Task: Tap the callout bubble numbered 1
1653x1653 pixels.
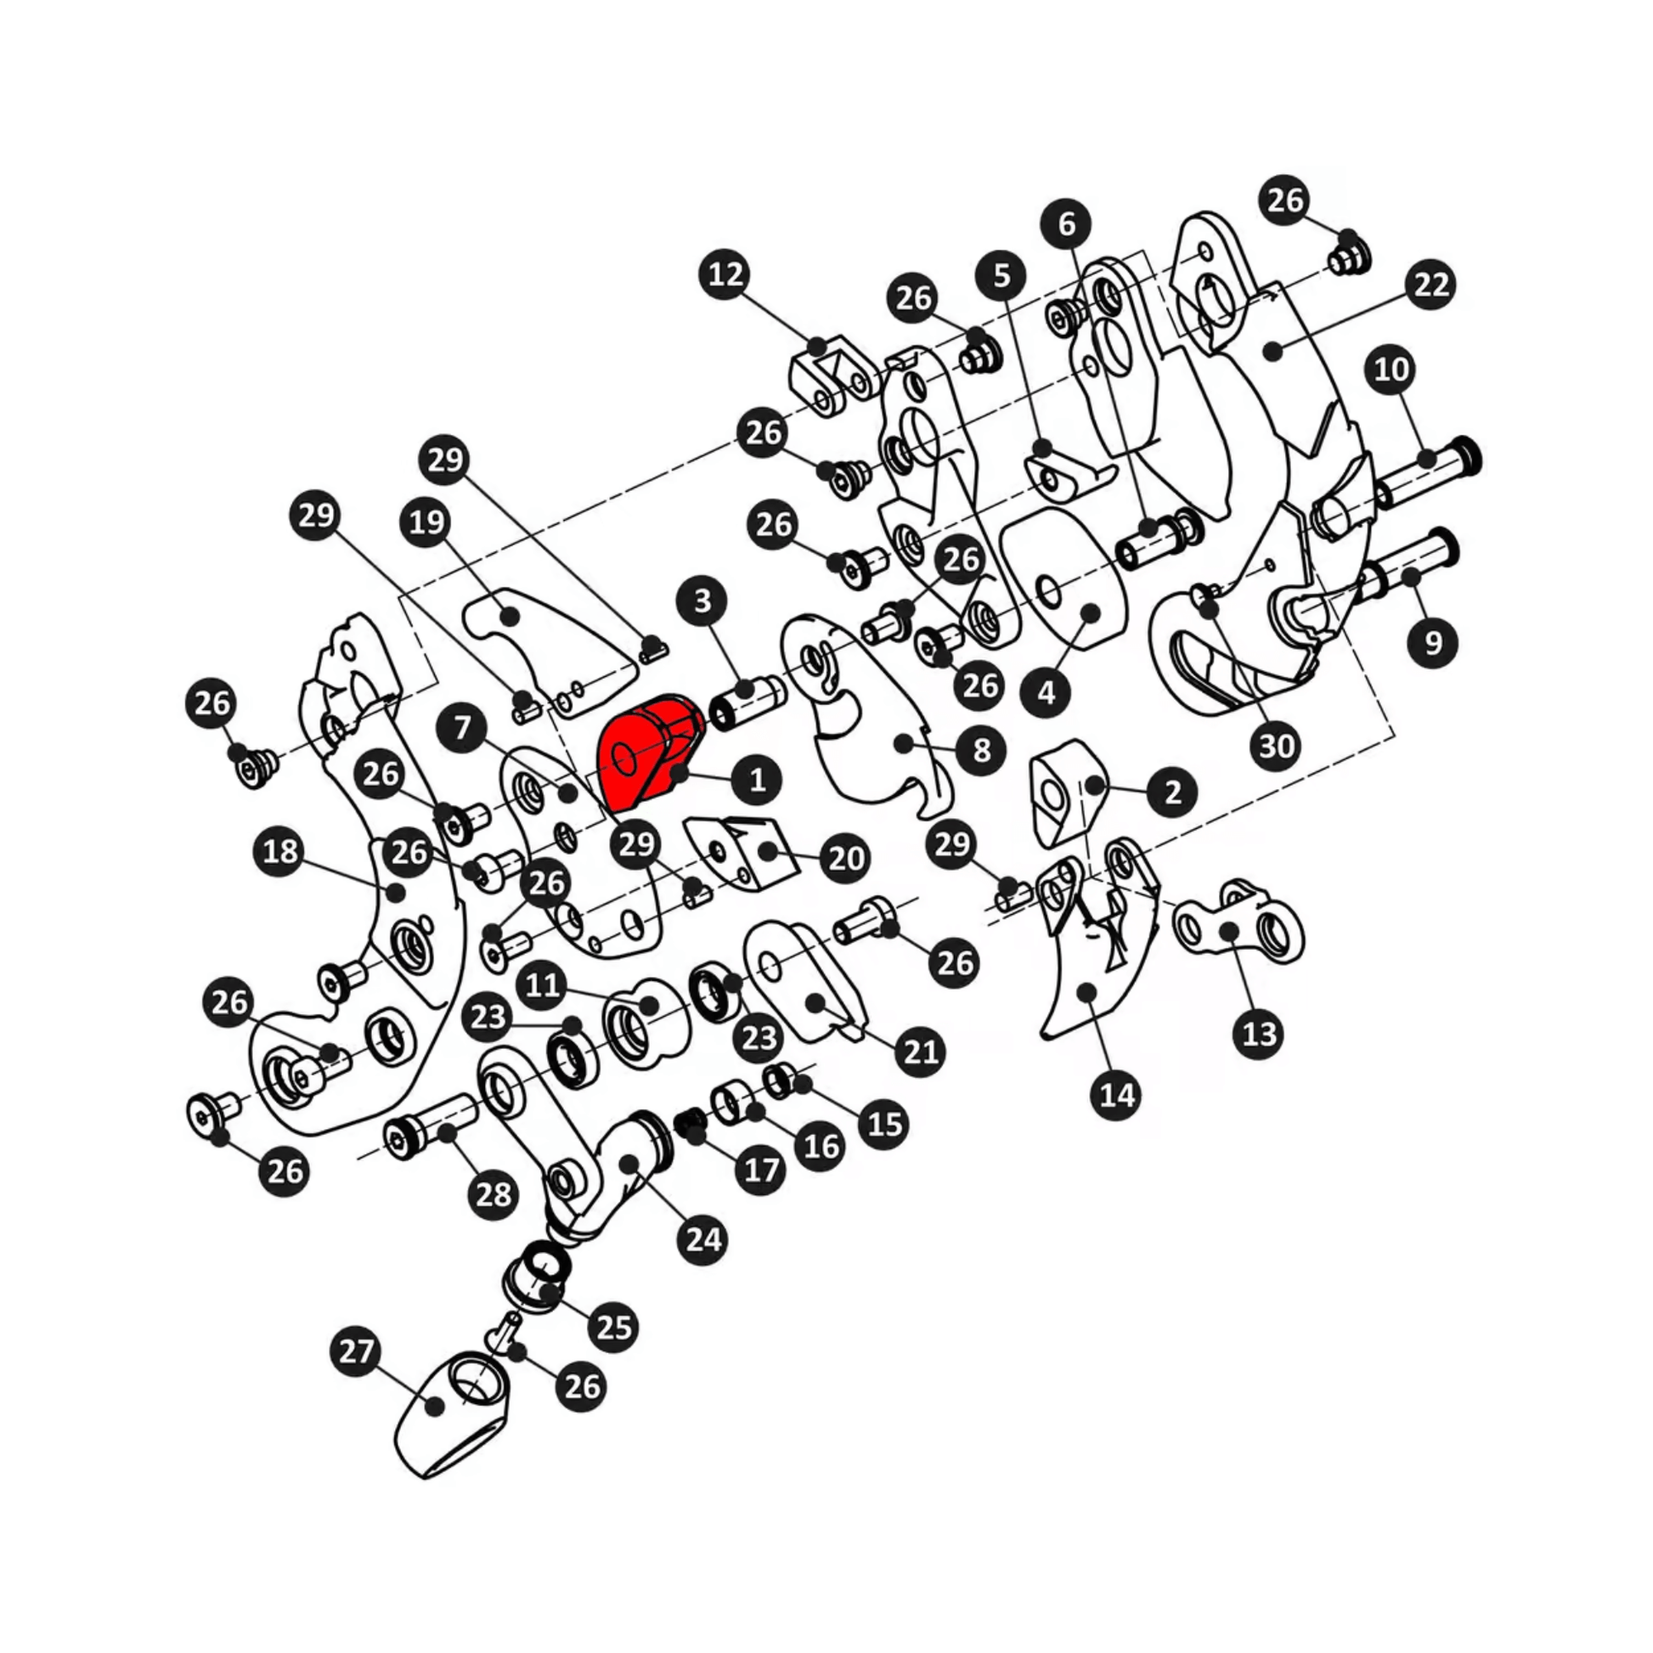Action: pyautogui.click(x=757, y=780)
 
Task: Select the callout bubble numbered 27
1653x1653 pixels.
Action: pyautogui.click(x=356, y=1351)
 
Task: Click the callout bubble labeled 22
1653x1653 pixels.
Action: pyautogui.click(x=1431, y=284)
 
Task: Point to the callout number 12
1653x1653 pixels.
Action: pyautogui.click(x=725, y=274)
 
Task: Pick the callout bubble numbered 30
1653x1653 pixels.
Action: pyautogui.click(x=1276, y=746)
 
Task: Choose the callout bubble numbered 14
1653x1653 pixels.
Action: pyautogui.click(x=1116, y=1094)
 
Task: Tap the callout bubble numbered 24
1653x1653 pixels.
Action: pyautogui.click(x=703, y=1238)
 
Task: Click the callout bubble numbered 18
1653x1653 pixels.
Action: pyautogui.click(x=280, y=851)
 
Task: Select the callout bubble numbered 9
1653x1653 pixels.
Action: pyautogui.click(x=1433, y=642)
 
